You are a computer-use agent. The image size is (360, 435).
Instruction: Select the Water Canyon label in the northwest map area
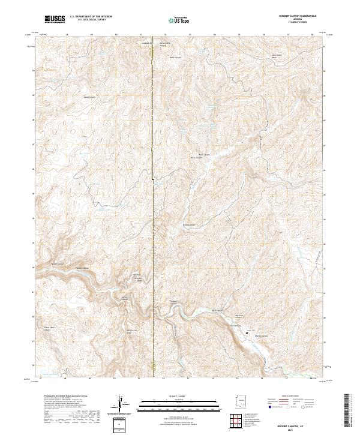point(89,96)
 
